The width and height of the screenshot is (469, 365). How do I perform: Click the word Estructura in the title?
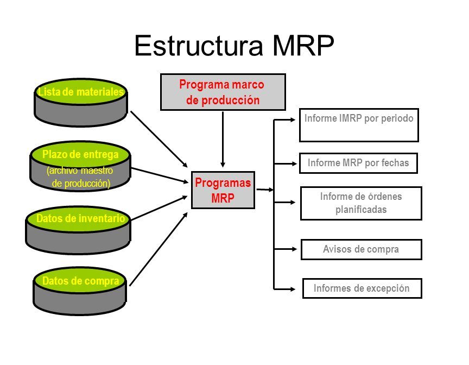pos(199,46)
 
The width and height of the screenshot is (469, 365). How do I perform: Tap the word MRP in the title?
pos(303,46)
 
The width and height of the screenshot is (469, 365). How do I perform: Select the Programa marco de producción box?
pos(223,92)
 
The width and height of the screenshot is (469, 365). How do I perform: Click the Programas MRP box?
pos(223,190)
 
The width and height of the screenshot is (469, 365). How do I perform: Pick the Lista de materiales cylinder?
pos(81,103)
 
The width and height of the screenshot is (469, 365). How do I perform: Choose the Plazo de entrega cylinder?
pos(80,166)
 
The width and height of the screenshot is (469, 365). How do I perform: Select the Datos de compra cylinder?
pos(80,291)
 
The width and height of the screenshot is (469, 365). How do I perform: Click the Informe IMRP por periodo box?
pos(359,125)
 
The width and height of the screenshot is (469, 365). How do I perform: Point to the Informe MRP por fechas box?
pos(358,163)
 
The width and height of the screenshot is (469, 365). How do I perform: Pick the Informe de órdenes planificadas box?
pos(361,204)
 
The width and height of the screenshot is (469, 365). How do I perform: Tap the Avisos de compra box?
pos(362,249)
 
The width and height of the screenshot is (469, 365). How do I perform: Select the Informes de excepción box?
pos(362,288)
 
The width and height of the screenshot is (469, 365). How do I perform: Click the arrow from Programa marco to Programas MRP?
pos(223,140)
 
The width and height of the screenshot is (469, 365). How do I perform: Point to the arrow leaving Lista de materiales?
pos(159,139)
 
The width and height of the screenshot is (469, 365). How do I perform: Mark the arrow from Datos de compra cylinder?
pos(159,249)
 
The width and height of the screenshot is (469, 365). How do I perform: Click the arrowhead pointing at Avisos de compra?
pos(294,249)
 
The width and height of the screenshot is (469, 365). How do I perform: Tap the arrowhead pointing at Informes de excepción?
pos(293,289)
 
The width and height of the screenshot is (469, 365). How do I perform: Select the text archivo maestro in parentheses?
pos(80,171)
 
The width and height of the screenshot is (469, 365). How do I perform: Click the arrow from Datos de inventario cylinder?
pos(159,208)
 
